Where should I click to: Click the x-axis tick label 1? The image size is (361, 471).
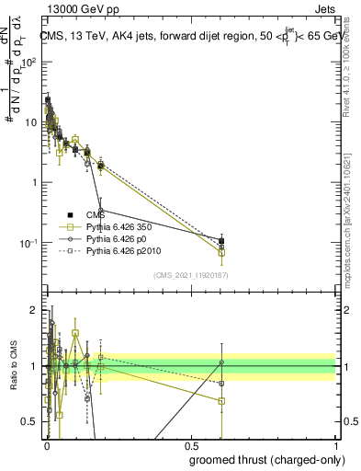(336, 446)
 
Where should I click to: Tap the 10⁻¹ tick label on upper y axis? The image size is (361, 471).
(28, 243)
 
